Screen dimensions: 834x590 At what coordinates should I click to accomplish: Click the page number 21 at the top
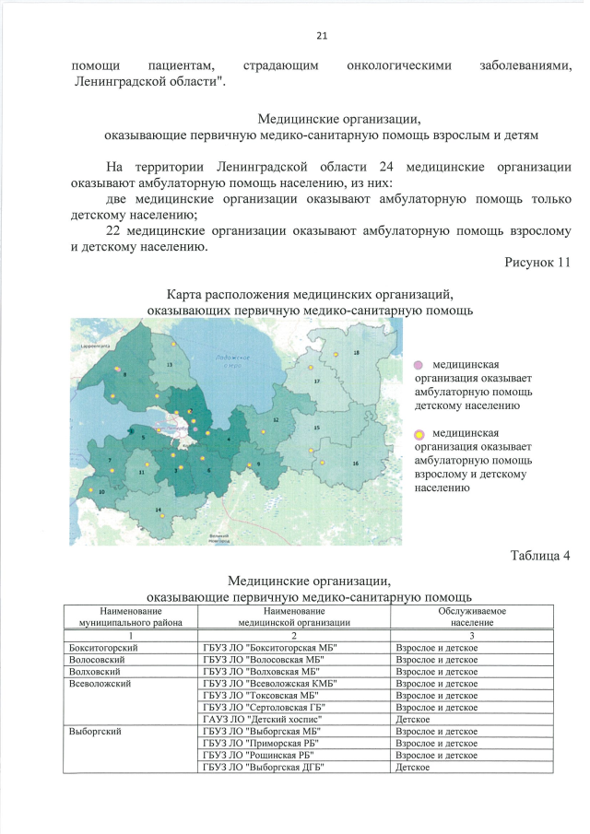[x=322, y=37]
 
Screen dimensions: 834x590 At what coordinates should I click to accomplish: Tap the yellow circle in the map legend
[x=419, y=434]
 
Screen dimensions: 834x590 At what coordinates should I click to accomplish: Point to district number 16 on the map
[x=356, y=464]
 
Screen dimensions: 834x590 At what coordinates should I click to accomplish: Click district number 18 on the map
[x=357, y=354]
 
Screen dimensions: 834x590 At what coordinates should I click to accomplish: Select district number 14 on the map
[x=158, y=510]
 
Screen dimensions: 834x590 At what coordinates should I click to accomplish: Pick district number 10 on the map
[x=101, y=492]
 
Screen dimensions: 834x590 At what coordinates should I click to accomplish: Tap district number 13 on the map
[x=170, y=366]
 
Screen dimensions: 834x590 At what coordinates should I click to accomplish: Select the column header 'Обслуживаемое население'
[x=471, y=617]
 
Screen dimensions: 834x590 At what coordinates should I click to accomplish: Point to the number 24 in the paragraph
[x=386, y=168]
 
